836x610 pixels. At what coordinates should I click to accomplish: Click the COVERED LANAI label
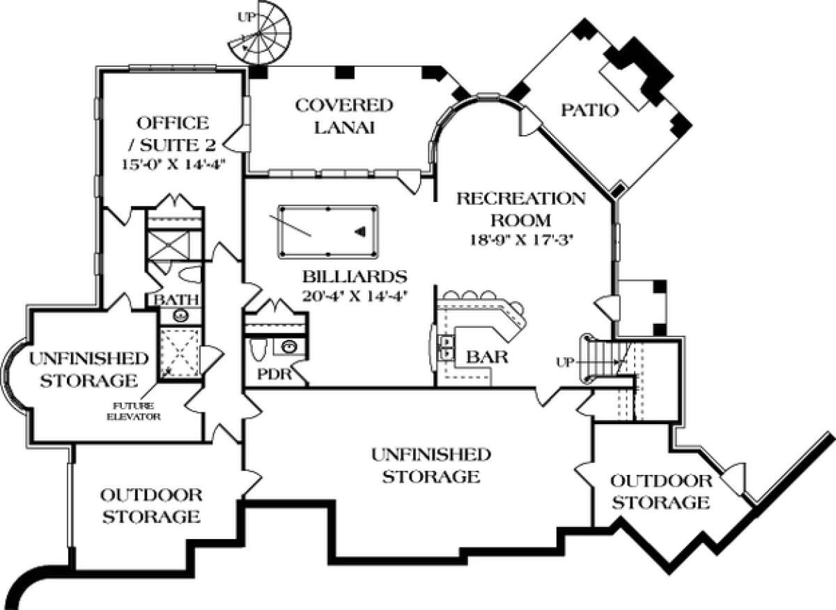click(344, 116)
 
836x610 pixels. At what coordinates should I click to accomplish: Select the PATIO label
click(590, 110)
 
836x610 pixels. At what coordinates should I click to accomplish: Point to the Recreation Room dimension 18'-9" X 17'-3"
click(520, 240)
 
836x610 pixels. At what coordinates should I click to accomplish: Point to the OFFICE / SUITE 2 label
click(173, 134)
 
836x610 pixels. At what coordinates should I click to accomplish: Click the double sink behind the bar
click(444, 347)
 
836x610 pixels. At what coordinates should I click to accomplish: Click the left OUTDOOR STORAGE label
click(151, 506)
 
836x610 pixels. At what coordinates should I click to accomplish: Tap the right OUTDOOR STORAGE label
click(660, 491)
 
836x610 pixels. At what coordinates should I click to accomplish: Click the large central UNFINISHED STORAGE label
click(430, 466)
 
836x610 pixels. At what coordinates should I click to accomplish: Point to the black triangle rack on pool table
click(360, 231)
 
